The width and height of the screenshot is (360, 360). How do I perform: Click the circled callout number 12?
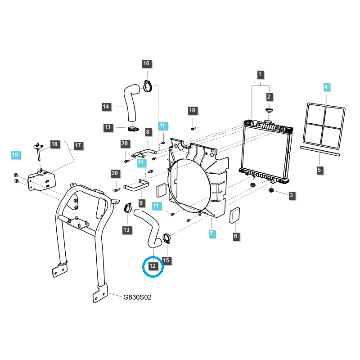153,266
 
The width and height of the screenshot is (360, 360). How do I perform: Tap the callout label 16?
146,63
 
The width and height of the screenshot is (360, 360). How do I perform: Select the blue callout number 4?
326,87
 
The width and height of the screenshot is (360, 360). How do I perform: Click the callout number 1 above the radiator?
260,74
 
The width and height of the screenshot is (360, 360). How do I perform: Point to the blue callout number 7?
211,234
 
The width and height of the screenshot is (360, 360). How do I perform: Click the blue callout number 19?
15,155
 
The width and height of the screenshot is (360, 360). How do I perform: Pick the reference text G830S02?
137,297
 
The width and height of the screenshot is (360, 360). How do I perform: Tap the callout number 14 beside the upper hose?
106,107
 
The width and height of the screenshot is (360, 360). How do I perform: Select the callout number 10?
192,110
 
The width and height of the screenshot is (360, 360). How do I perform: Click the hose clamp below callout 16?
148,86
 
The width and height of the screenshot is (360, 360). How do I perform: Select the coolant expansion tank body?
42,181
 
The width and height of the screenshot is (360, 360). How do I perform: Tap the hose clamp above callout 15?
166,238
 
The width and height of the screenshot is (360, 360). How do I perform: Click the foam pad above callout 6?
235,216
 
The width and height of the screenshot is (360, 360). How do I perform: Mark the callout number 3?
291,195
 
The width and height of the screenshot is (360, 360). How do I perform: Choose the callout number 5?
319,171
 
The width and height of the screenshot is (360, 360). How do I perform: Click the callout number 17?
78,145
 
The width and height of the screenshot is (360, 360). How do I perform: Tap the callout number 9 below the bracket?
141,203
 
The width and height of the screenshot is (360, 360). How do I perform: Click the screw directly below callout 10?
193,129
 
